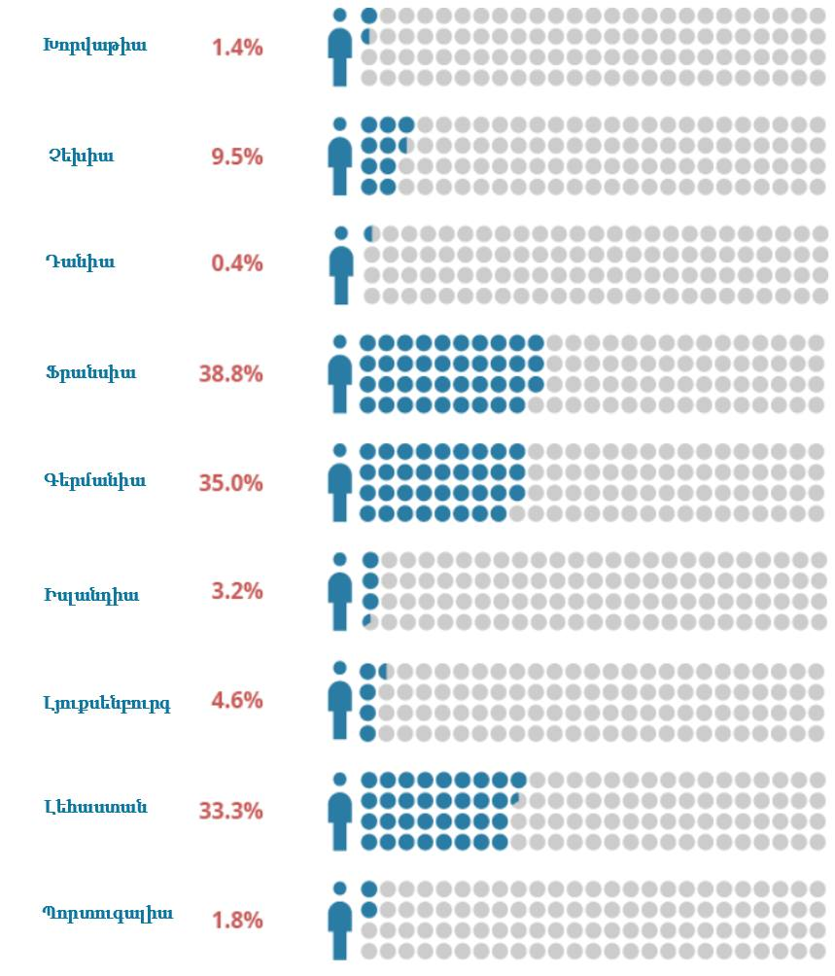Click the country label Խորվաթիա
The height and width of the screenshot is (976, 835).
94,46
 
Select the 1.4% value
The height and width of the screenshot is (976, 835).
237,47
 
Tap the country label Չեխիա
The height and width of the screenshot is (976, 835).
81,156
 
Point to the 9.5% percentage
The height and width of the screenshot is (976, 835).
237,157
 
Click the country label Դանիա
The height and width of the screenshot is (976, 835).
80,261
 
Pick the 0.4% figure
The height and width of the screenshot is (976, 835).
237,263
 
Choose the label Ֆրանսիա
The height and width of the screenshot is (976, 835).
90,372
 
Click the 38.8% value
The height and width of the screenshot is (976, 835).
230,373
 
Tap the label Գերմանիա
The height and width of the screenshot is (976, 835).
94,480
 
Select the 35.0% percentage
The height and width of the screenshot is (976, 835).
230,483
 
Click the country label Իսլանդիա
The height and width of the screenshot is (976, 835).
91,595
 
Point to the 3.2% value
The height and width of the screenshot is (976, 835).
237,591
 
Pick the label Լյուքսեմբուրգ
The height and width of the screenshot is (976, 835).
107,703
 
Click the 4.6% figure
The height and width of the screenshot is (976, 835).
237,700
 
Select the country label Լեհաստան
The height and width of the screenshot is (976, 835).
95,806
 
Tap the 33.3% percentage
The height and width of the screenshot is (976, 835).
230,810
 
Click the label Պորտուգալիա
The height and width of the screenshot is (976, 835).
108,913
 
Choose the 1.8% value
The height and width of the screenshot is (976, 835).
237,920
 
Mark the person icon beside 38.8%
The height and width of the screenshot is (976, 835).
339,374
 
